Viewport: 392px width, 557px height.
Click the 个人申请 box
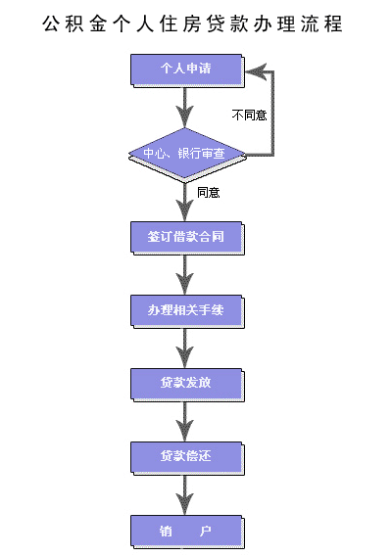(187, 70)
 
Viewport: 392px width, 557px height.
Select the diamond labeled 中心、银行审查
(187, 156)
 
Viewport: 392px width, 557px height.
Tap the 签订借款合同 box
(187, 238)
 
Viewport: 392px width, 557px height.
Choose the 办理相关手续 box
(187, 311)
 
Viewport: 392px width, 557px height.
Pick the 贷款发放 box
(187, 385)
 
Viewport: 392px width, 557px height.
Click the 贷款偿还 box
(187, 458)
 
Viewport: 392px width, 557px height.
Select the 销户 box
(187, 533)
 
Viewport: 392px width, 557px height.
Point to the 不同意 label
(249, 116)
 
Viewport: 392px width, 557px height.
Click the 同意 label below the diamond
(209, 193)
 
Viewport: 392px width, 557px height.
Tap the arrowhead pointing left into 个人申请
(256, 71)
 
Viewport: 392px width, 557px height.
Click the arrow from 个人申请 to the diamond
(184, 108)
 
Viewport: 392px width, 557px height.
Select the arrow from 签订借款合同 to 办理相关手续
(184, 275)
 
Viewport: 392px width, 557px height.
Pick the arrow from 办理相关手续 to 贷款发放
(184, 348)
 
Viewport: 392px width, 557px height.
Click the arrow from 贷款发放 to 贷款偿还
(184, 422)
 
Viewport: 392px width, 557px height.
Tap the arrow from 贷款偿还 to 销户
(184, 495)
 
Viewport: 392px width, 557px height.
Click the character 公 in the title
(51, 24)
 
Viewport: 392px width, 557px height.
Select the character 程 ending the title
(333, 24)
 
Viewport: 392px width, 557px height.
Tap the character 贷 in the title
(216, 24)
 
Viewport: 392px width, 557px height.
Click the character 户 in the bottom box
(206, 532)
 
